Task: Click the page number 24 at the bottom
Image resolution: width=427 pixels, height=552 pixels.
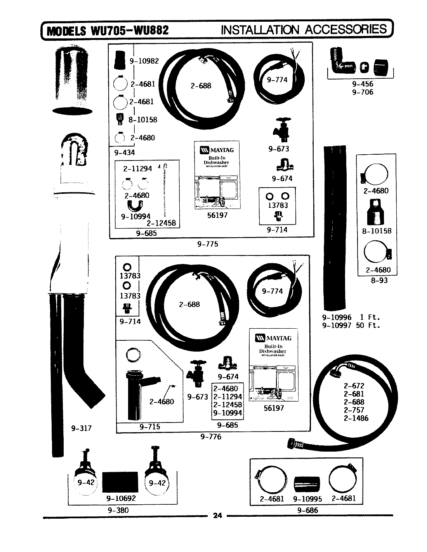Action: (x=217, y=515)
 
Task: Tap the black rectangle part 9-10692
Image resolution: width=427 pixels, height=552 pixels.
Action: (x=121, y=481)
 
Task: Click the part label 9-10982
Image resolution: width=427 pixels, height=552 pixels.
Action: (x=144, y=61)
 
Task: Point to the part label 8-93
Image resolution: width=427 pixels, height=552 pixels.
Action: (x=379, y=280)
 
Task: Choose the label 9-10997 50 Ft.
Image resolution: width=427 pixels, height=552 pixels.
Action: (x=351, y=325)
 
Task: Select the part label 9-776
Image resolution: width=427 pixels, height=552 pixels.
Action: (x=211, y=437)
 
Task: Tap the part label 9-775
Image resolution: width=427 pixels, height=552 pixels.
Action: (x=208, y=244)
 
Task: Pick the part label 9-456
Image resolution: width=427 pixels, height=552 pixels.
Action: (x=363, y=84)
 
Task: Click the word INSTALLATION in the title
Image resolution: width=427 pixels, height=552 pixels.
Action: (x=260, y=29)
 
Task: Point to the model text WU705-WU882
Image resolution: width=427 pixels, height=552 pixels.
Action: (x=129, y=30)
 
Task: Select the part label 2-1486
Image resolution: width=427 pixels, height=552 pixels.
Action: (x=356, y=418)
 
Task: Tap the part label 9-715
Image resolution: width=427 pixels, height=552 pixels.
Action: (x=149, y=426)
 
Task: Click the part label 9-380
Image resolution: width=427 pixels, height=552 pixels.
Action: (x=118, y=510)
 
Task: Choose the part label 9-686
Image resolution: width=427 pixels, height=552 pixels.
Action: (x=307, y=510)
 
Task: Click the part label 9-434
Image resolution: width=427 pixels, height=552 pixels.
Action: (x=125, y=152)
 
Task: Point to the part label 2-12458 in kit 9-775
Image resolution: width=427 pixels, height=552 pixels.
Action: (x=161, y=223)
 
